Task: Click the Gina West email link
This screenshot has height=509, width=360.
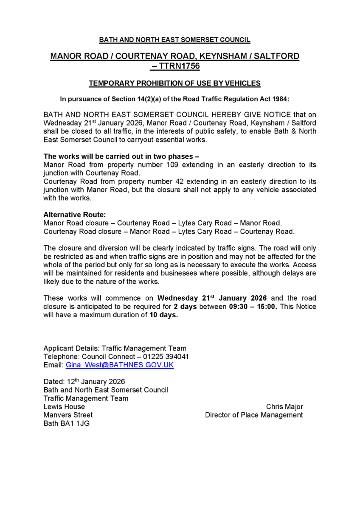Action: tap(119, 365)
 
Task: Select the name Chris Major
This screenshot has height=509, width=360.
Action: tap(284, 407)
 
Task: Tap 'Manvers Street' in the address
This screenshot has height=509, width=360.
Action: tap(68, 415)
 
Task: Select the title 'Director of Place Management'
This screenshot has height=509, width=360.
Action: tap(254, 415)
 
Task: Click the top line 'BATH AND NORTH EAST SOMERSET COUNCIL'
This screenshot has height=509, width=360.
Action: tap(174, 40)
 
